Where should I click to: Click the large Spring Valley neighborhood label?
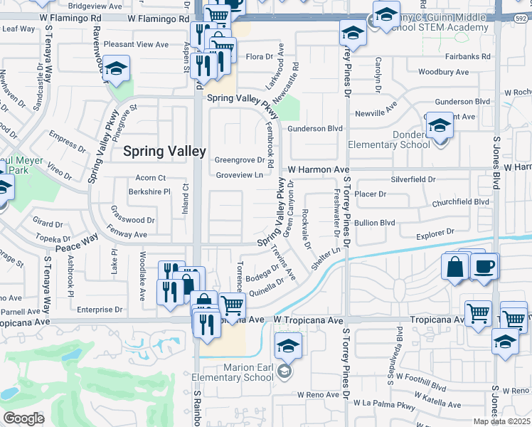[x=164, y=151]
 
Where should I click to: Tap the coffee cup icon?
[x=484, y=266]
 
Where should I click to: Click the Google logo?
[x=23, y=418]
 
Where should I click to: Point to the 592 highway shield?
[x=523, y=16]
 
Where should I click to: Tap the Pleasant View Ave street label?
[x=136, y=44]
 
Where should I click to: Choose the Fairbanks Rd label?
[x=467, y=56]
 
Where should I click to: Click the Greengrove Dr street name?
[x=240, y=160]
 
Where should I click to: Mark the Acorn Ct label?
[x=151, y=177]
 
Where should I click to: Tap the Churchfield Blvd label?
[x=461, y=201]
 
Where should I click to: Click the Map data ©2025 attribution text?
[x=502, y=421]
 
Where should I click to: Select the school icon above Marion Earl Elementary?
[x=288, y=347]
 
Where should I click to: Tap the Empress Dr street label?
[x=68, y=142]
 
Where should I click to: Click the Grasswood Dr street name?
[x=132, y=220]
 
